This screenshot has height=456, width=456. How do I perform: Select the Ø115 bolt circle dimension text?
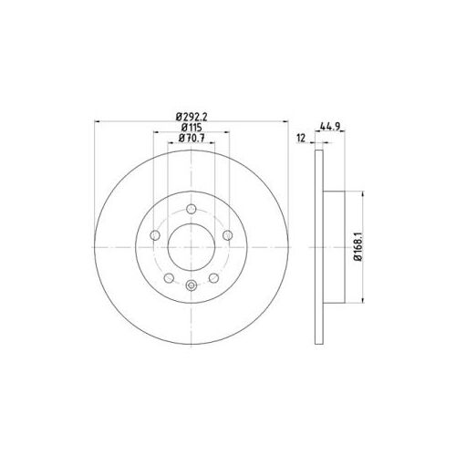coord(192,128)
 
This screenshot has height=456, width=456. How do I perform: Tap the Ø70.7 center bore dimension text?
coord(192,138)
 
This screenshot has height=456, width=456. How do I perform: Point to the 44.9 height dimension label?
coord(330,126)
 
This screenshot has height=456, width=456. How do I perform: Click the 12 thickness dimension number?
coord(301,138)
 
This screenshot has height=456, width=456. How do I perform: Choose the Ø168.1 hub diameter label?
coord(358,247)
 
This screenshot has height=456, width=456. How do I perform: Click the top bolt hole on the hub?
coord(191,209)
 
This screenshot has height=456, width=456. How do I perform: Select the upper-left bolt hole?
coord(155,235)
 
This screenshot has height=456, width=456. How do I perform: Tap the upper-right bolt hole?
coord(227,235)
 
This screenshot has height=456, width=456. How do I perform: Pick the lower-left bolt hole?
coord(169,278)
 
